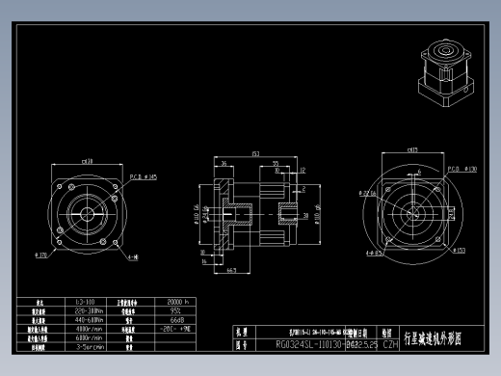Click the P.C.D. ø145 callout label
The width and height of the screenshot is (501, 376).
(143, 176)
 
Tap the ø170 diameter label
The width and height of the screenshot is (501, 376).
(42, 255)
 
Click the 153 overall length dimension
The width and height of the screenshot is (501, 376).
(255, 153)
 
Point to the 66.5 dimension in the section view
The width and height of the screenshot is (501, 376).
(232, 271)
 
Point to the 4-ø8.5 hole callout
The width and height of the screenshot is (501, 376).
(375, 254)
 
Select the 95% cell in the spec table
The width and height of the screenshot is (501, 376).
(176, 311)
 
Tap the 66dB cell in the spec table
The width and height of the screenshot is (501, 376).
(176, 320)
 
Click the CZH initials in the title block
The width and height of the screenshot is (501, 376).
(391, 343)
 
